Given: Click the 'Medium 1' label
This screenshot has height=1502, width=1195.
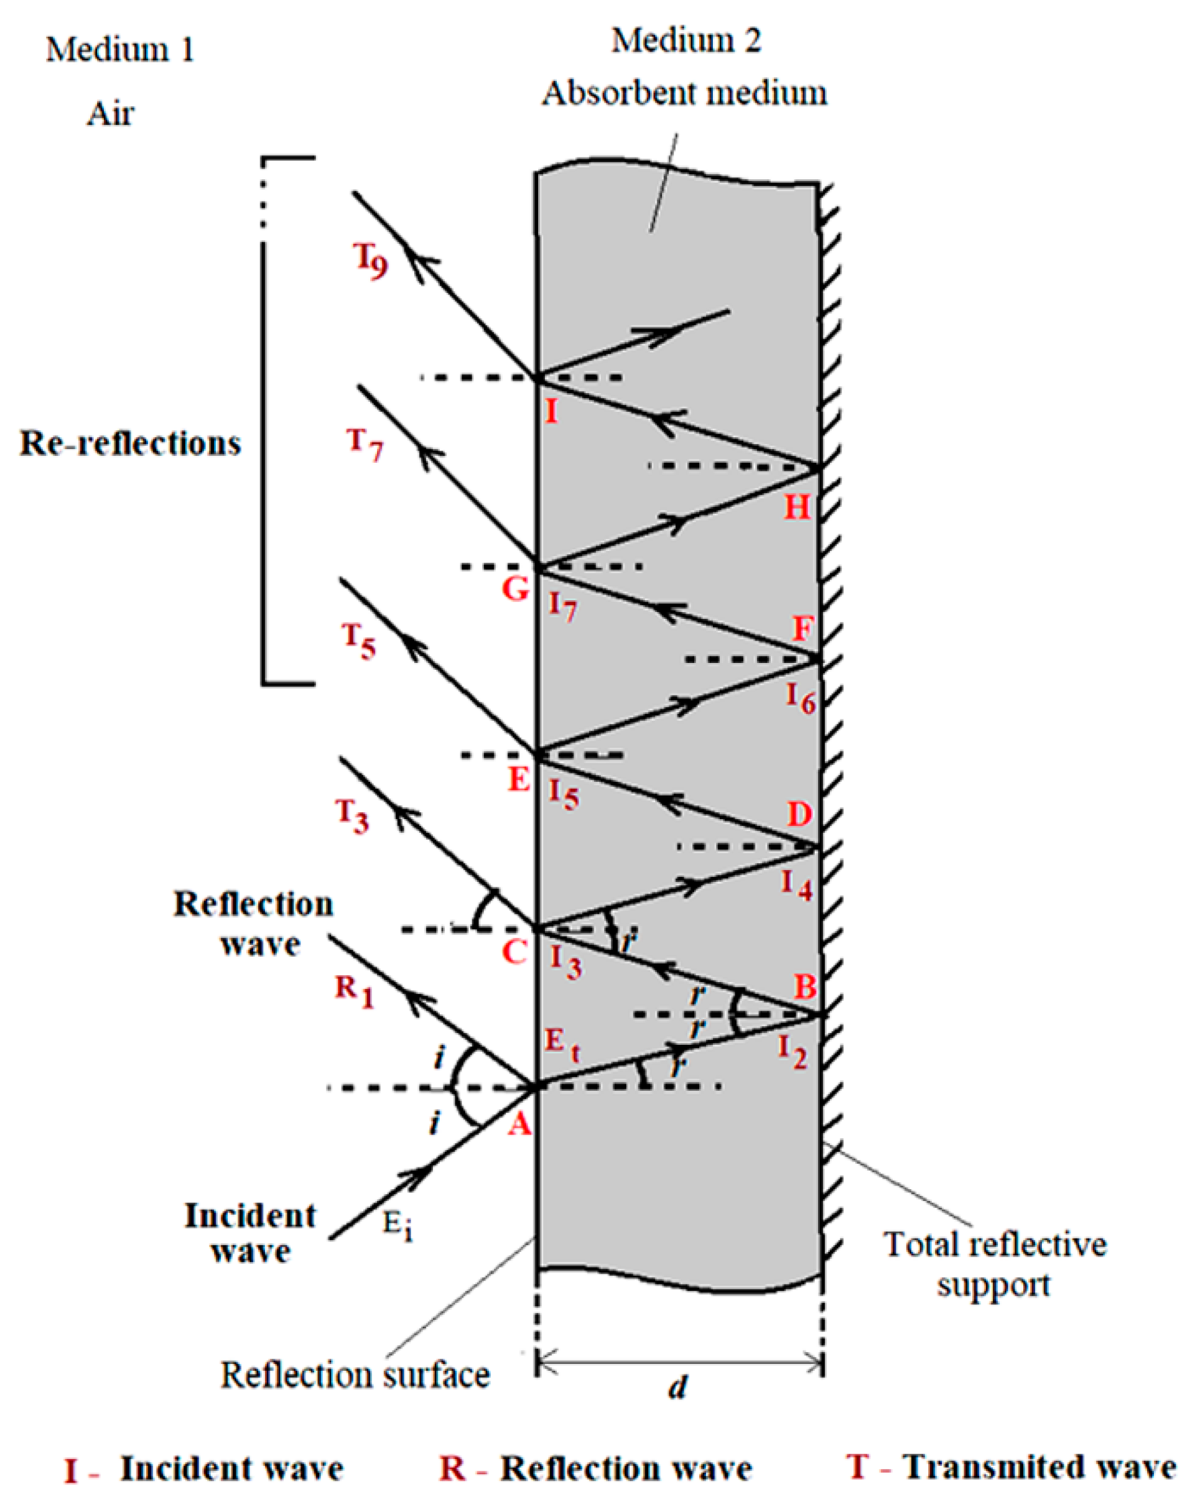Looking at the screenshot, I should pyautogui.click(x=120, y=50).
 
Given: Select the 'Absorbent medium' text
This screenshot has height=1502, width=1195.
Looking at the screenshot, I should pyautogui.click(x=684, y=93).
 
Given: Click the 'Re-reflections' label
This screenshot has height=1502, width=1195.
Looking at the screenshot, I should pyautogui.click(x=130, y=444).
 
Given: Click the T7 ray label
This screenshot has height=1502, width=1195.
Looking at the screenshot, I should pyautogui.click(x=365, y=444).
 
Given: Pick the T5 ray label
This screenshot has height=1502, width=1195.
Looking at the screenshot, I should pyautogui.click(x=358, y=640).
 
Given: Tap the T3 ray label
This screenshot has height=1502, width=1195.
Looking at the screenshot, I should pyautogui.click(x=352, y=815).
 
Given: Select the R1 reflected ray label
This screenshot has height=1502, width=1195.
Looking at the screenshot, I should pyautogui.click(x=354, y=991).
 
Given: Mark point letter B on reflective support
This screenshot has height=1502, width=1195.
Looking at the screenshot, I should pyautogui.click(x=805, y=986).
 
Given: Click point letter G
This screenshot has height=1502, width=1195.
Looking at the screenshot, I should pyautogui.click(x=516, y=590).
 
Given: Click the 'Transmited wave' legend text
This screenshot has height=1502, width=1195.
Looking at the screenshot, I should pyautogui.click(x=1039, y=1467).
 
